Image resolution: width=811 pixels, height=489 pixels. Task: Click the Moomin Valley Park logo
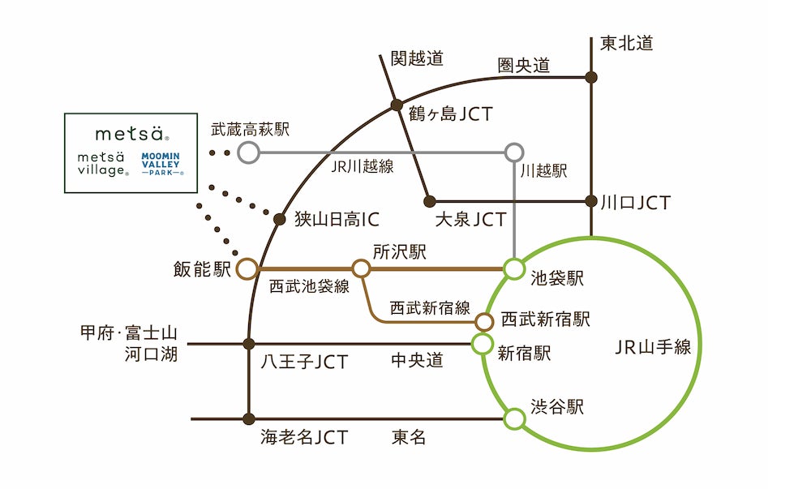[162, 162]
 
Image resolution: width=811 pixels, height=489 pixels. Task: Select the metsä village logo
[102, 162]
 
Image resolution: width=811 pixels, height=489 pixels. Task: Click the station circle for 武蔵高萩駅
[249, 152]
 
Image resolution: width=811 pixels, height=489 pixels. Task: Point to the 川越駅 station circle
[514, 152]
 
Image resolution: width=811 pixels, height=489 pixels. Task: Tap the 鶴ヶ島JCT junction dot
[397, 105]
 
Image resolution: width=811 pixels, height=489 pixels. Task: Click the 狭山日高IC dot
[279, 219]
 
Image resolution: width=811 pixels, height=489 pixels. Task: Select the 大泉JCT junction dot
[430, 200]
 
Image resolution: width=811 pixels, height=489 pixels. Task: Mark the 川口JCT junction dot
[591, 200]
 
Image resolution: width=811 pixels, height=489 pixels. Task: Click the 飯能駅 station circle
[247, 268]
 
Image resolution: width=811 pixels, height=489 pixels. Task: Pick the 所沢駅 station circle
[361, 268]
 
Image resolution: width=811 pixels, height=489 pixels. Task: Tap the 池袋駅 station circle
[513, 268]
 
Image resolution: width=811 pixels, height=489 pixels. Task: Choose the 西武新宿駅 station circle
[484, 322]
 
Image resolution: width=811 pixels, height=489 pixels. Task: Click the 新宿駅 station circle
[482, 344]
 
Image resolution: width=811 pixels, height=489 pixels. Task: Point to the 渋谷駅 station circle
[513, 419]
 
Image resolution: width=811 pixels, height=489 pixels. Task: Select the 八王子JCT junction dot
[249, 344]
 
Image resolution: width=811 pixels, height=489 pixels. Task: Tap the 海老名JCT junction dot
[249, 419]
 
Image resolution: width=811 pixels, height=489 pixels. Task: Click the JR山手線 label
[652, 347]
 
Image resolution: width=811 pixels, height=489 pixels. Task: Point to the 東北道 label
[626, 44]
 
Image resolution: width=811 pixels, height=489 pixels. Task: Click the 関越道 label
[417, 58]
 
